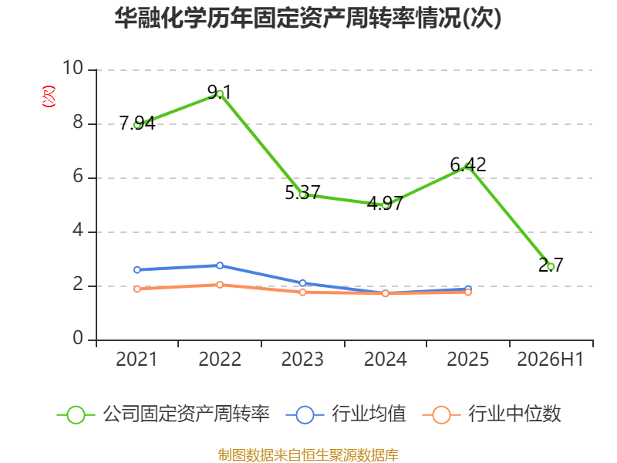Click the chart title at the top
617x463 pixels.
[308, 18]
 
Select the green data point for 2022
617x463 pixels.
[220, 93]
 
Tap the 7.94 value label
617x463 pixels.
[137, 123]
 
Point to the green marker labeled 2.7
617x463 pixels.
[551, 266]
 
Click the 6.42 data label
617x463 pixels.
[468, 164]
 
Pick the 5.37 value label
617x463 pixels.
[302, 192]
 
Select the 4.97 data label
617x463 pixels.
[385, 203]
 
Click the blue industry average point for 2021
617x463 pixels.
[137, 269]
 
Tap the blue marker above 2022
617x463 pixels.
[220, 265]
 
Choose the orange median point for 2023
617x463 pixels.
[302, 292]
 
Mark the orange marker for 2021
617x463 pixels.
[137, 289]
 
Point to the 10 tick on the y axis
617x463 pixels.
[72, 68]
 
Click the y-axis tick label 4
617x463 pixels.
[78, 230]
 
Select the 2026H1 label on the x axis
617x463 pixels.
[550, 359]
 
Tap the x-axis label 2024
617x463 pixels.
[385, 359]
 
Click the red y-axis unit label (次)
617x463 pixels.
[49, 96]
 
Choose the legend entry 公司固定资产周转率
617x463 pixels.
[164, 414]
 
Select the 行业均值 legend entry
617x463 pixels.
[346, 414]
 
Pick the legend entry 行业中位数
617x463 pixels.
[491, 414]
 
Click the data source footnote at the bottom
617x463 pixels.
[308, 455]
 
